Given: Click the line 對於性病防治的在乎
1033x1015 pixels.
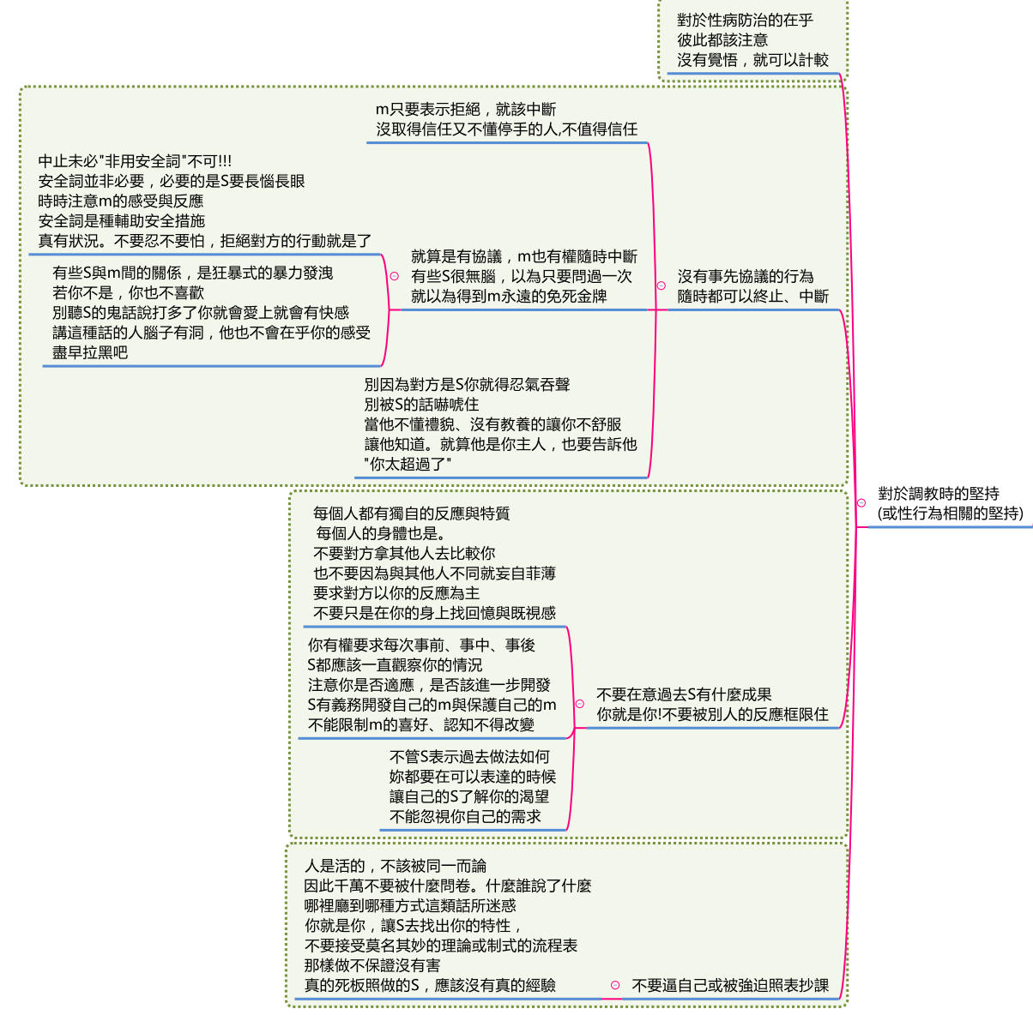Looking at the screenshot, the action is coord(745,21).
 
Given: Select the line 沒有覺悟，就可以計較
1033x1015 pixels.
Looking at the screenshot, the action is coord(752,60).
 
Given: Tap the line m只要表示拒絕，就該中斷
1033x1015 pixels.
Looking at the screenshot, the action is coord(465,109).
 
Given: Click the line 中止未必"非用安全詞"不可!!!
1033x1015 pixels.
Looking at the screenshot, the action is coord(135,161).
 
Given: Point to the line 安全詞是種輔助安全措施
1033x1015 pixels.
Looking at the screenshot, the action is coord(121,220).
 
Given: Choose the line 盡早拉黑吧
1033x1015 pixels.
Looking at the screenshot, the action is coord(90,352).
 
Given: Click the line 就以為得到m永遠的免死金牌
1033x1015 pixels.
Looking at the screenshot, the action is coord(509,297).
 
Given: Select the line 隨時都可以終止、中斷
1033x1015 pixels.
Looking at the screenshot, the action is coord(752,297).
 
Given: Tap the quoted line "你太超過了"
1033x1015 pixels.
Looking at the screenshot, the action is coord(408,464).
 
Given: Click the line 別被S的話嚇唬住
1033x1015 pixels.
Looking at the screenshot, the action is coord(421,405).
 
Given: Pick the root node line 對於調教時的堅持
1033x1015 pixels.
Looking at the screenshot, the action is coord(938,493).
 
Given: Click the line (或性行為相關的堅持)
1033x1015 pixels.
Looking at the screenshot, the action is coord(950,514).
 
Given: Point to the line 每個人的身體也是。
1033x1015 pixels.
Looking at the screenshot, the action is coord(381,533).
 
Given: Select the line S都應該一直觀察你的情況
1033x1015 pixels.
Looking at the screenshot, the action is coord(395,664).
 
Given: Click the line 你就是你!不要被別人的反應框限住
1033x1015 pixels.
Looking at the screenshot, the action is coord(712,714).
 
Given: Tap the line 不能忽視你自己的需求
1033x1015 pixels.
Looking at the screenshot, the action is coord(465,816).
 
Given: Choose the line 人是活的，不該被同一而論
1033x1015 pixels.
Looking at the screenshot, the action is coord(395,866).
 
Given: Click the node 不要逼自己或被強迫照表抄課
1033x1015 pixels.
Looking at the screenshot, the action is coord(730,985).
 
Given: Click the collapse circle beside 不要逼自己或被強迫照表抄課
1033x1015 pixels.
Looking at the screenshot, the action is coord(615,985).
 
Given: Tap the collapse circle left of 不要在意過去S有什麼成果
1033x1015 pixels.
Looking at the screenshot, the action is coord(579,704).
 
